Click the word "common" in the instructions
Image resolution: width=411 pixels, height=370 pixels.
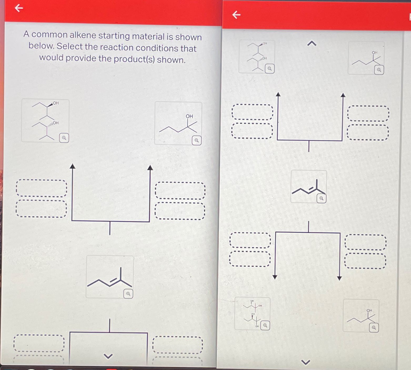tap(49, 34)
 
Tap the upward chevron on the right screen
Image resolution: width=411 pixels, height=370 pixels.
tap(312, 44)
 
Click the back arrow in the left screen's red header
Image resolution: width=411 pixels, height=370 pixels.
tap(19, 8)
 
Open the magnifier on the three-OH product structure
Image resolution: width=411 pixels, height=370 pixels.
tap(265, 325)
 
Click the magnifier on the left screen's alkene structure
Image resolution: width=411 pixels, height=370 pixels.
tap(128, 294)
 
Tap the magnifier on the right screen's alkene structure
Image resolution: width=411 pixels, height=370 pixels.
tap(321, 198)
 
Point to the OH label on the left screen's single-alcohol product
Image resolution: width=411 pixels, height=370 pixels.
tap(189, 116)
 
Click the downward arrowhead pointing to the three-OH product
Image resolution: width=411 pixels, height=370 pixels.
tap(275, 277)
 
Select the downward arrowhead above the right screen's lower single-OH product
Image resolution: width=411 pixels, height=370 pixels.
tap(339, 278)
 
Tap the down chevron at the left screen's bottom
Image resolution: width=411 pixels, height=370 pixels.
tap(108, 356)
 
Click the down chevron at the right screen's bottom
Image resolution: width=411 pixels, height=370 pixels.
tap(305, 362)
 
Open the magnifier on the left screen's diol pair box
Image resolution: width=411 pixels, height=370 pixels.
tap(64, 138)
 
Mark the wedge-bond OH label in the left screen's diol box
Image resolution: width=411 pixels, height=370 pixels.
tap(56, 103)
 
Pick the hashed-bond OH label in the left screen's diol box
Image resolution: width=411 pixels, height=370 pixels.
tap(56, 123)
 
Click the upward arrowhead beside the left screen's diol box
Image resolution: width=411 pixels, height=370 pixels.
tap(72, 166)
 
